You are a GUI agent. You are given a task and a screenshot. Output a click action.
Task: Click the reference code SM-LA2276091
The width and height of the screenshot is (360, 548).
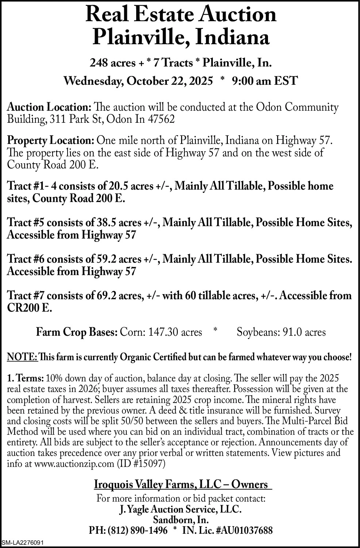click(23, 543)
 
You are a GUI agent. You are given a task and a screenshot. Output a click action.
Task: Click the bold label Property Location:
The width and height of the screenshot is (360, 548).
click(51, 140)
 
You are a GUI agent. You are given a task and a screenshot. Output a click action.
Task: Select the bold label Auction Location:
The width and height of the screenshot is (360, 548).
click(49, 107)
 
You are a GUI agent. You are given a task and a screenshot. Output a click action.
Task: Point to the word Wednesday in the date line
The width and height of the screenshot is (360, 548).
click(90, 80)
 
